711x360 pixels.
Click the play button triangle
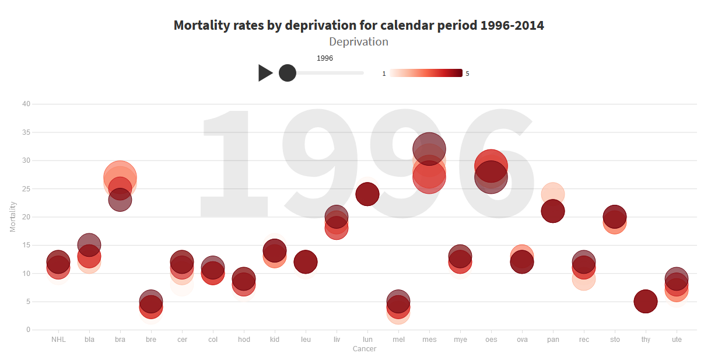265,73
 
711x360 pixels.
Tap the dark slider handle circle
288,73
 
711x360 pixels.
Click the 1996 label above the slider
325,58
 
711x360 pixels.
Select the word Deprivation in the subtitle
359,42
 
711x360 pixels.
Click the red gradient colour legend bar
426,73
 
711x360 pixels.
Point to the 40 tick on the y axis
26,104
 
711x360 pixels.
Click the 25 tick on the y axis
26,188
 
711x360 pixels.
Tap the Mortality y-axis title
13,216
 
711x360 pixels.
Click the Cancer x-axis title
365,349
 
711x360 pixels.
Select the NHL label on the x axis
58,339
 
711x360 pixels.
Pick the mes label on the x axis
429,339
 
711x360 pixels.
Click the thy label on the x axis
646,339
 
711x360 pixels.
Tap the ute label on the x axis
677,339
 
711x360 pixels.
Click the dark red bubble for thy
646,302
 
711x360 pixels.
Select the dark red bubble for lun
367,194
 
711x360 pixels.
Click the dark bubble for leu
306,262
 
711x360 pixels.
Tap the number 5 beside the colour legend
468,74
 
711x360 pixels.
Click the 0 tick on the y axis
27,330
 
